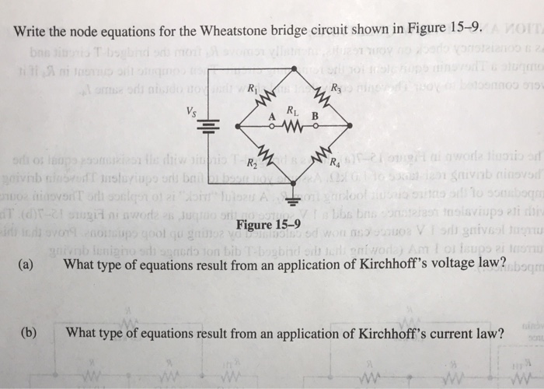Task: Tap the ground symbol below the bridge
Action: (295, 198)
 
